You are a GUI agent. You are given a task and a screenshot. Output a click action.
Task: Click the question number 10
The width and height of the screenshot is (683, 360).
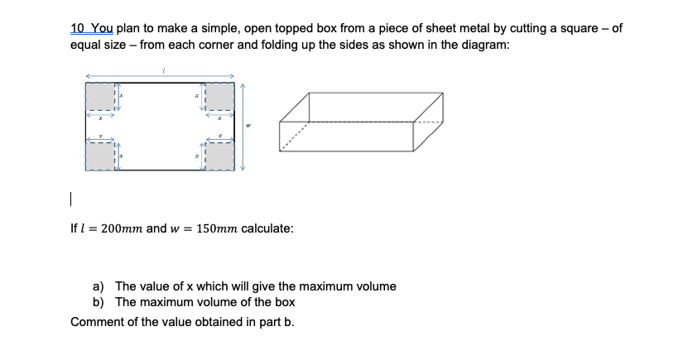tap(77, 28)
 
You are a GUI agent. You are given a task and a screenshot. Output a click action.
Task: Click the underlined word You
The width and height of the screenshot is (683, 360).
tap(99, 28)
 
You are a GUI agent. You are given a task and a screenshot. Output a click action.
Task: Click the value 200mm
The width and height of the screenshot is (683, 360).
tap(122, 228)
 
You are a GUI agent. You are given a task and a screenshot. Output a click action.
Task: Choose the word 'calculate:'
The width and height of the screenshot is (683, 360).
tap(267, 228)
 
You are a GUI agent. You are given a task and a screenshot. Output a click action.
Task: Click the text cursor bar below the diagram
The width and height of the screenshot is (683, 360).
tap(71, 199)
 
